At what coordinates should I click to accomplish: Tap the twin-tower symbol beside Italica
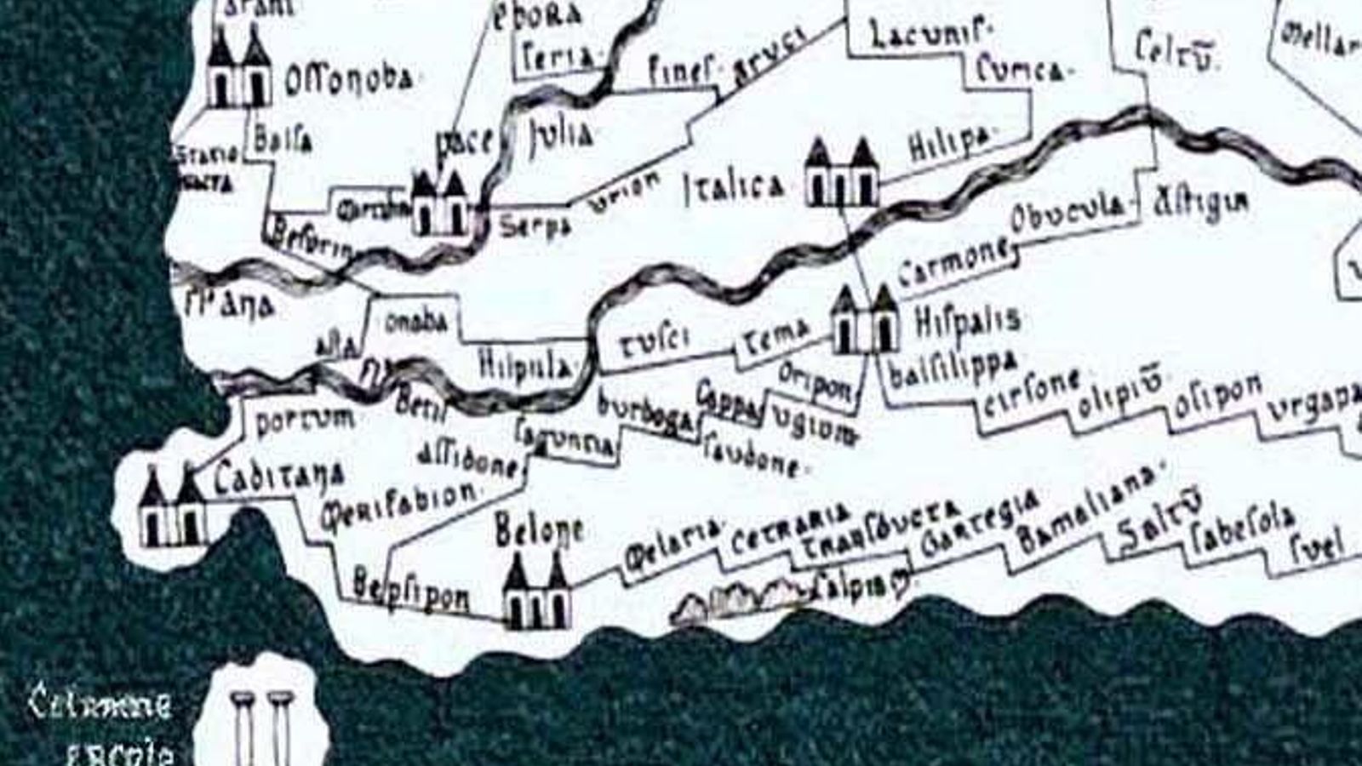click(x=841, y=174)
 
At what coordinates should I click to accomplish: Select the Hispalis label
click(x=968, y=320)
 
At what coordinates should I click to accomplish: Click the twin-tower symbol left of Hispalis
click(x=865, y=321)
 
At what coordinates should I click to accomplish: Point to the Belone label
click(x=539, y=531)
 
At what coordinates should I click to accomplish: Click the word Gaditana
click(x=278, y=477)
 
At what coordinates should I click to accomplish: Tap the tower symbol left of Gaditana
click(x=172, y=508)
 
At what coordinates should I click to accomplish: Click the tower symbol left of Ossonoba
click(x=239, y=68)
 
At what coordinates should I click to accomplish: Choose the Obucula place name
click(x=1067, y=213)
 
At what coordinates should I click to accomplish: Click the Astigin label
click(x=1201, y=204)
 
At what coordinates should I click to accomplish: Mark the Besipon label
click(x=410, y=594)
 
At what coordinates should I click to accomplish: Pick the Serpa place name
click(x=533, y=226)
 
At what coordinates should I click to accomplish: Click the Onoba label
click(x=415, y=322)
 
